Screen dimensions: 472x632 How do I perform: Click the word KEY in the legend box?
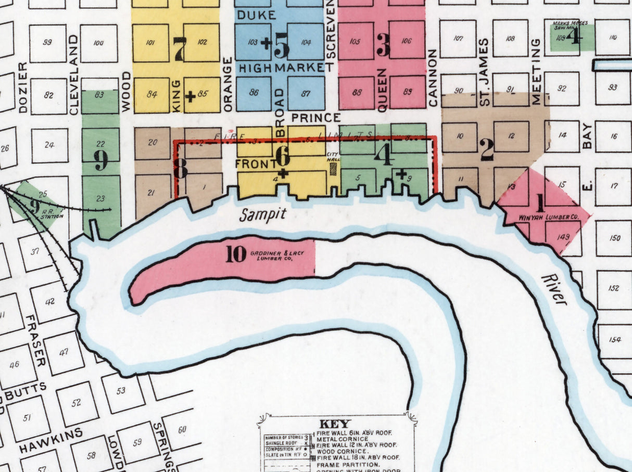click(x=335, y=424)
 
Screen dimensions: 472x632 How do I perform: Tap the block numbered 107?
click(x=458, y=39)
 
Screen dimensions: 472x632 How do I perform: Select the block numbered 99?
click(x=47, y=43)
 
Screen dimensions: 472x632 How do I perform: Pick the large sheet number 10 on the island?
click(x=236, y=254)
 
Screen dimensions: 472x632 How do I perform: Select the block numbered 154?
click(x=615, y=340)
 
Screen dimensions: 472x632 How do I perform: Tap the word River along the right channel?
click(x=554, y=289)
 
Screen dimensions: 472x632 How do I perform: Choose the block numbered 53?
click(x=121, y=390)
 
